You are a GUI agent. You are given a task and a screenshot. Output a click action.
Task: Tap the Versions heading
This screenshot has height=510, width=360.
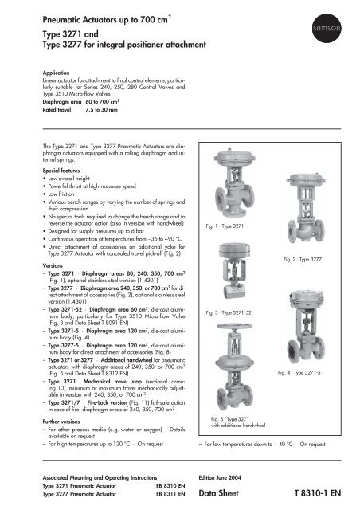pyautogui.click(x=29, y=265)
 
